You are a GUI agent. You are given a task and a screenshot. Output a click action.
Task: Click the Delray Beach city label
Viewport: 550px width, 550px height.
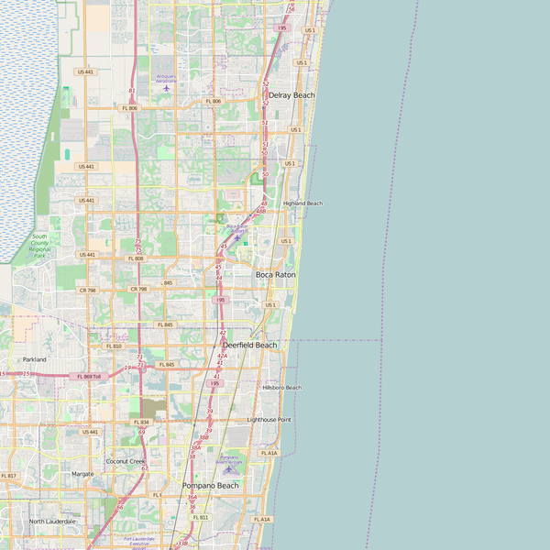[291, 95]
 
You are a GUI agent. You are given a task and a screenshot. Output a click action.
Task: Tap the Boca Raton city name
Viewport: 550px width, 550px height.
[275, 274]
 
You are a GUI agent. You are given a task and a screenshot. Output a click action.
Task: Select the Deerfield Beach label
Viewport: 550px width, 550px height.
[243, 345]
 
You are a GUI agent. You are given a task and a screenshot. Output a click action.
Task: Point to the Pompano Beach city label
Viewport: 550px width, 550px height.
[210, 485]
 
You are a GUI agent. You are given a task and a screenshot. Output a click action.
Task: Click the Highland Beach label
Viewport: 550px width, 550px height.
[302, 203]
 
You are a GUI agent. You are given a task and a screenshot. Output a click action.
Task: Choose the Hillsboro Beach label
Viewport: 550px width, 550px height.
[281, 388]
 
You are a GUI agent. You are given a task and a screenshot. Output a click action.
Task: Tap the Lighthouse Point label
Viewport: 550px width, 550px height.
[269, 420]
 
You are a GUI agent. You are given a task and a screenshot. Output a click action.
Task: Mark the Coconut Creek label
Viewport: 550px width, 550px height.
[126, 461]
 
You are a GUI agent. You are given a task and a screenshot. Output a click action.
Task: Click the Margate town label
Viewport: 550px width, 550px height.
[82, 474]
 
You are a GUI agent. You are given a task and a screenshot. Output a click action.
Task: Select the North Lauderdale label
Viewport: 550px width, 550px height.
[52, 521]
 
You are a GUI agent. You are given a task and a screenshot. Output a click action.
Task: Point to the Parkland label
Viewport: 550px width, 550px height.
[34, 359]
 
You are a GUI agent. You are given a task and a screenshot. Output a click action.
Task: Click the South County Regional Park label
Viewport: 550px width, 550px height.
[39, 246]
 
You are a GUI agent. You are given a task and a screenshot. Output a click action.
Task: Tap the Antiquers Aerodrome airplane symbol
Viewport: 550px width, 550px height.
[166, 89]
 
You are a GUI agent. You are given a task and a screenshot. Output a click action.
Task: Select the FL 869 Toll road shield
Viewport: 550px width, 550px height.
[89, 376]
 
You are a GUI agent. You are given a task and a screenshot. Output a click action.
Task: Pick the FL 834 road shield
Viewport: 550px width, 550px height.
[141, 422]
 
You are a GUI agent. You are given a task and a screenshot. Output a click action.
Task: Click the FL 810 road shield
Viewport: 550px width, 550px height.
[114, 346]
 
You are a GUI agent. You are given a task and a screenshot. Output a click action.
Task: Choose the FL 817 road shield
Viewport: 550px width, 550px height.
[8, 476]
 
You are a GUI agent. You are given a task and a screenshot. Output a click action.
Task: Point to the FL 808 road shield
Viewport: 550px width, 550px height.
[136, 258]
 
